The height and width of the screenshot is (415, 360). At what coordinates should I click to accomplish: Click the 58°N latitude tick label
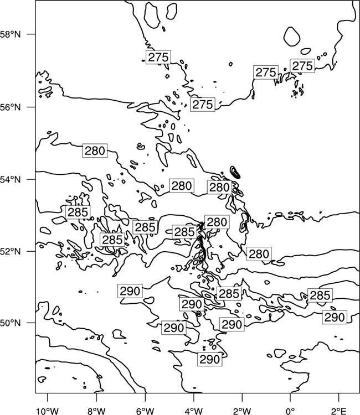pos(11,34)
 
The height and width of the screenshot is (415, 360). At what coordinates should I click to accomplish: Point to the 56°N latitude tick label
pos(11,107)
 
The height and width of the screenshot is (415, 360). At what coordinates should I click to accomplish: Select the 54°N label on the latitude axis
pos(11,179)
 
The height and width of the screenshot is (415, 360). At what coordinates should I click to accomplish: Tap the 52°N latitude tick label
pos(11,251)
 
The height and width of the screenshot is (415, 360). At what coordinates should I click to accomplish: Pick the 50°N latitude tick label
pos(11,323)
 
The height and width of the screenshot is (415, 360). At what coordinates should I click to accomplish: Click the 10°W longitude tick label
pos(48,411)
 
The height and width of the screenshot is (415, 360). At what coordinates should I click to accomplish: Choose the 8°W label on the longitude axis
pos(96,411)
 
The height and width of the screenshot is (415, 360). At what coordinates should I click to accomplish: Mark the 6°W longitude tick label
pos(145,411)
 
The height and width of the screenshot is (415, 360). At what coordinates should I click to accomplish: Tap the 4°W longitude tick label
pos(194,411)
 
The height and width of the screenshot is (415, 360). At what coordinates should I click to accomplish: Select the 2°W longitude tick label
pos(242,411)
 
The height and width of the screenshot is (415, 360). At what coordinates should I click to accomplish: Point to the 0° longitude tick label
pos(291,411)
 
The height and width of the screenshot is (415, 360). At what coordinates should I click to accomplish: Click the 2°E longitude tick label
pos(339,411)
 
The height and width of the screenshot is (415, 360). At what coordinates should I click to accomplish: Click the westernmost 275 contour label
pos(158,57)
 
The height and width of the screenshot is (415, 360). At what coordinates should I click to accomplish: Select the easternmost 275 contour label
pos(302,66)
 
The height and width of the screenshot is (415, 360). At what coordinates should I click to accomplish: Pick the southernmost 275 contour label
pos(203,105)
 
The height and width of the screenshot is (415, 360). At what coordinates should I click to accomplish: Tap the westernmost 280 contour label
pos(95,151)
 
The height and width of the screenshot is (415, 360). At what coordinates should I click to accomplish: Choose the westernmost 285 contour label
pos(78,212)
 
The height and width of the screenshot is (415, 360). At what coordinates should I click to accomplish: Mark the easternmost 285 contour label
pos(320,295)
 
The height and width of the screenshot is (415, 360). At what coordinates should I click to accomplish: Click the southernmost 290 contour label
pos(210,360)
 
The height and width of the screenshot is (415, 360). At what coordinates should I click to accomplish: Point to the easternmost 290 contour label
pos(335,317)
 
